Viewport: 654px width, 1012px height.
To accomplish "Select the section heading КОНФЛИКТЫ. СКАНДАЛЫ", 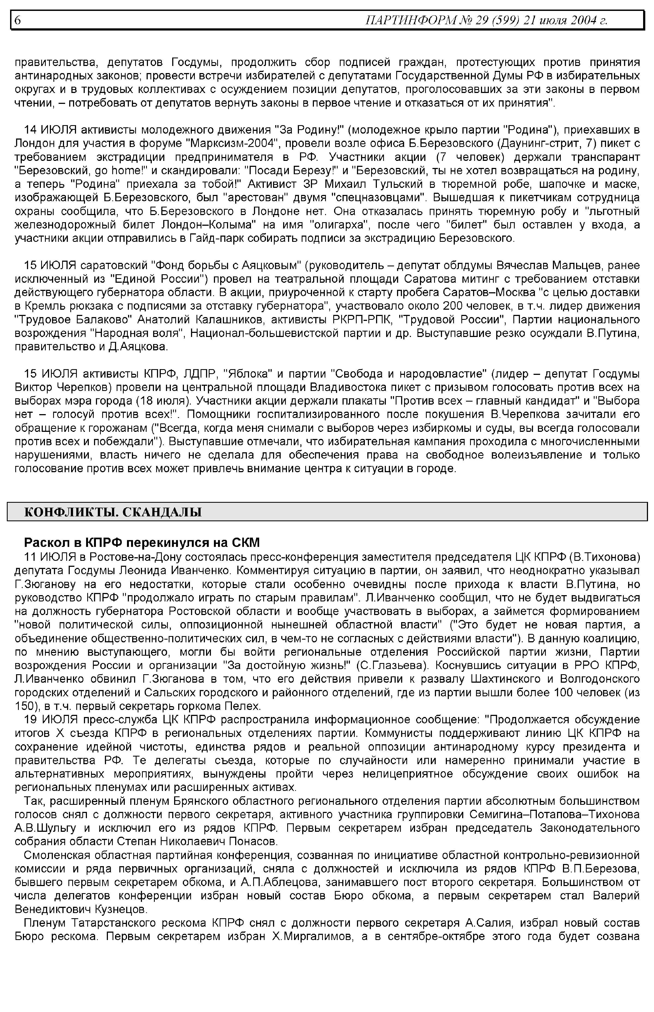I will click(x=113, y=512).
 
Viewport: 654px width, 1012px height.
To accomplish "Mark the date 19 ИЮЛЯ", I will click(x=50, y=720).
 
